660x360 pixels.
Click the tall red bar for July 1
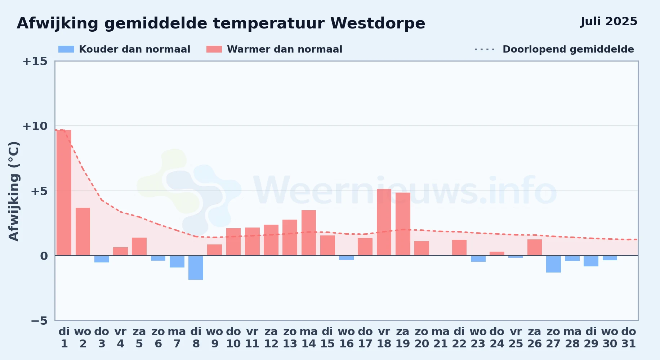[x=64, y=193]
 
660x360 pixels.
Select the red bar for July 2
[x=83, y=231]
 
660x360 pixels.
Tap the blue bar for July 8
[x=196, y=267]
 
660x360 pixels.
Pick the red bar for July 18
[x=384, y=222]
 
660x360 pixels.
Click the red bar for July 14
[x=309, y=233]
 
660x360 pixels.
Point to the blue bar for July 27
[x=553, y=264]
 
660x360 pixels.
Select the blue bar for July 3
[x=102, y=259]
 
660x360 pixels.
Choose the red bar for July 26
[x=535, y=247]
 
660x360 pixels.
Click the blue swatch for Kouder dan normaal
[x=66, y=49]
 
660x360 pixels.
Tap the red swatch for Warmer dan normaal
[x=214, y=49]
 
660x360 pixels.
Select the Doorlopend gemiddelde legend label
[x=568, y=49]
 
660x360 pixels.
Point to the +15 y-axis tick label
[x=35, y=61]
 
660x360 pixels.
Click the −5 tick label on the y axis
[x=39, y=320]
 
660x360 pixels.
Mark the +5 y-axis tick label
[x=39, y=191]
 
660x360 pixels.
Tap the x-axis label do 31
[x=629, y=338]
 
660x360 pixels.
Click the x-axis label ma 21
[x=441, y=338]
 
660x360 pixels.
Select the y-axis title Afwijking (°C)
[x=14, y=191]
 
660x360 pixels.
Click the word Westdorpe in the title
[x=378, y=23]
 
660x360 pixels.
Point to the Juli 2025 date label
[x=609, y=22]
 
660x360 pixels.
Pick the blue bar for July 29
[x=591, y=261]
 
